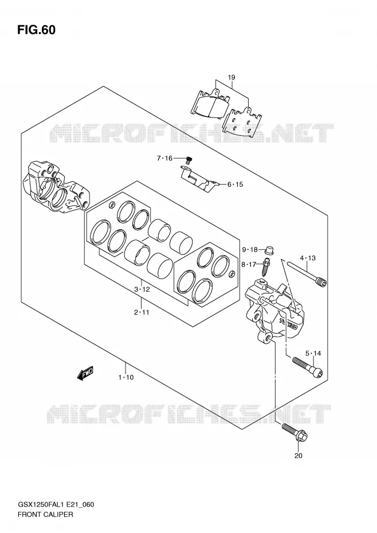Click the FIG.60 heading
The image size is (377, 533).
coord(36,30)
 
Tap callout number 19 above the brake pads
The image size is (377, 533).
coord(231,77)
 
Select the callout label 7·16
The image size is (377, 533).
coord(164,158)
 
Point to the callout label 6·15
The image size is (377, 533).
coord(235,185)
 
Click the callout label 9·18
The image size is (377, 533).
coord(250,250)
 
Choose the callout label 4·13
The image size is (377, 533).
coord(308,258)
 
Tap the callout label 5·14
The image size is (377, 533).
coord(313,354)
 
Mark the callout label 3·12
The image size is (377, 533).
coord(142,289)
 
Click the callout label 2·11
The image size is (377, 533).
coord(142,312)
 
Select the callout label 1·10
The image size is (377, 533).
coord(126,377)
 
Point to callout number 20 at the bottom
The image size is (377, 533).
coord(298,456)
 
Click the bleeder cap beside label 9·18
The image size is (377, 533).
coord(270,250)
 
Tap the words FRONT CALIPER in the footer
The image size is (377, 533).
coord(45,514)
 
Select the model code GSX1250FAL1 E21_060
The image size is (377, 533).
coord(56,504)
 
